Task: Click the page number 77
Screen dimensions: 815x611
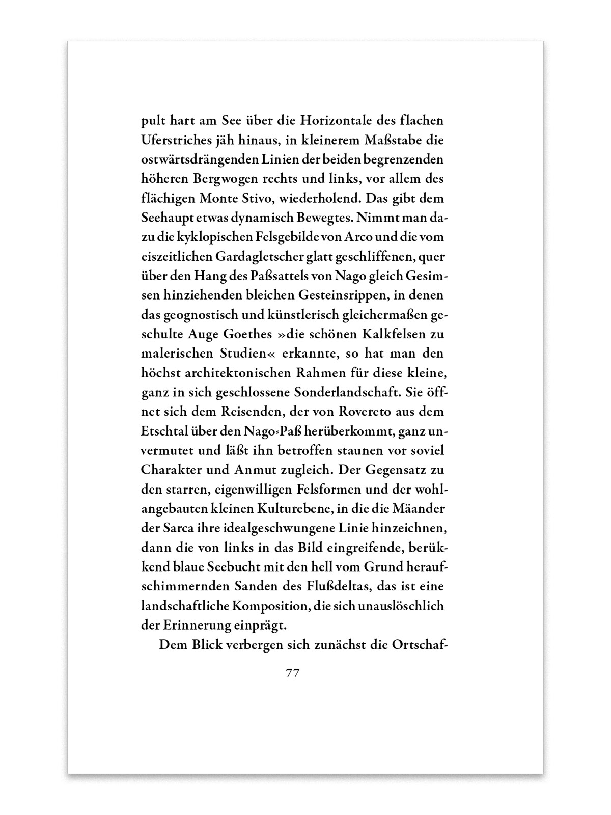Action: click(x=292, y=673)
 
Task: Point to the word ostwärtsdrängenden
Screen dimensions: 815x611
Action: click(x=201, y=159)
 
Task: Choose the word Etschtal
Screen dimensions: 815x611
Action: click(x=163, y=430)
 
